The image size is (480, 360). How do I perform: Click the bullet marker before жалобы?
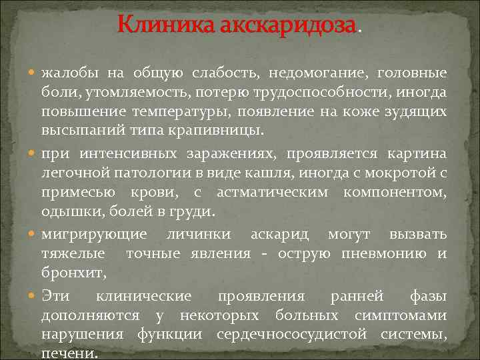pos(34,72)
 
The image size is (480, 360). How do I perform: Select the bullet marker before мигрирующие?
pos(34,235)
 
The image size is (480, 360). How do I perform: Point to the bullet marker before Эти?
pos(34,295)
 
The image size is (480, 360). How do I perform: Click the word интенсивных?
pos(129,153)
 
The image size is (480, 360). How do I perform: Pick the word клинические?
pos(143,295)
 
